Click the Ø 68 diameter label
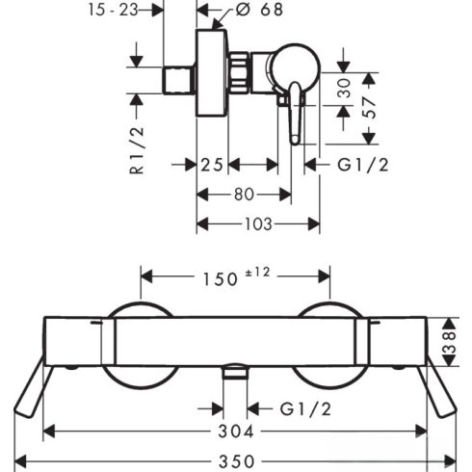tap(259, 10)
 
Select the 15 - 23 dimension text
tap(114, 10)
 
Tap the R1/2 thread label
tap(137, 150)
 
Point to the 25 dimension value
tap(212, 165)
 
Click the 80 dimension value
tap(244, 195)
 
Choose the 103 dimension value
tap(258, 224)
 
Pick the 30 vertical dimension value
tap(344, 88)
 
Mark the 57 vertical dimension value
tap(370, 108)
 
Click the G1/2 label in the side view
tap(363, 165)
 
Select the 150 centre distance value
tap(221, 279)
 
